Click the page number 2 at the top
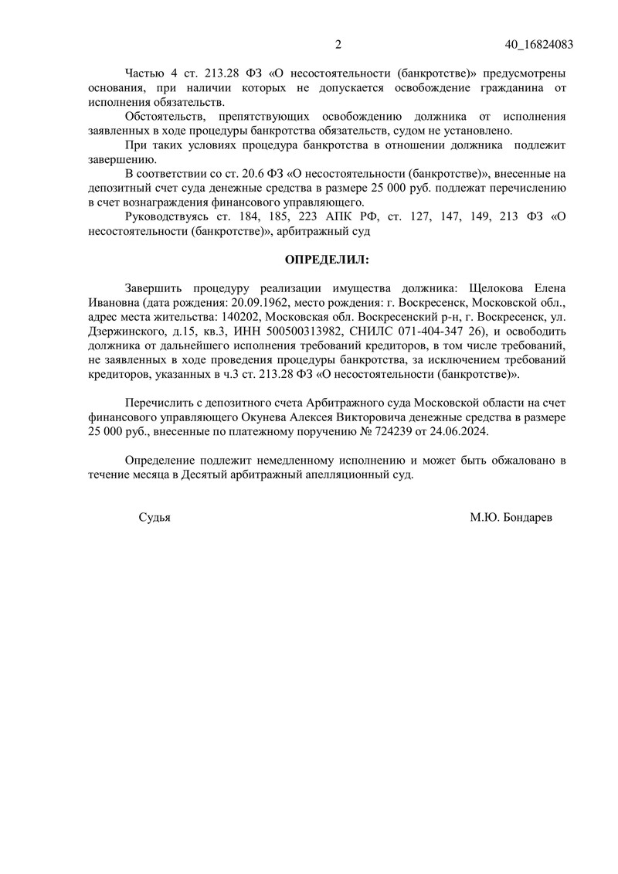click(338, 44)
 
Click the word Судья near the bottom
click(154, 518)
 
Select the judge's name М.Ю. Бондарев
click(511, 518)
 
